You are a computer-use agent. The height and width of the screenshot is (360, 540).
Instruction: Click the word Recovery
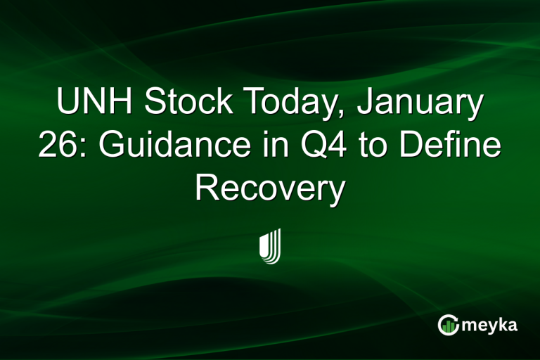tap(270, 188)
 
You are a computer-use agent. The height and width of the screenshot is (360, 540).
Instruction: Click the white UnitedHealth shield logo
tap(270, 246)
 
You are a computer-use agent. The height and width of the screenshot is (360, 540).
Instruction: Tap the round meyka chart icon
tap(449, 324)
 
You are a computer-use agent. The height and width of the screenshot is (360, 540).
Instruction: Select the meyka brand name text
tap(491, 325)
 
